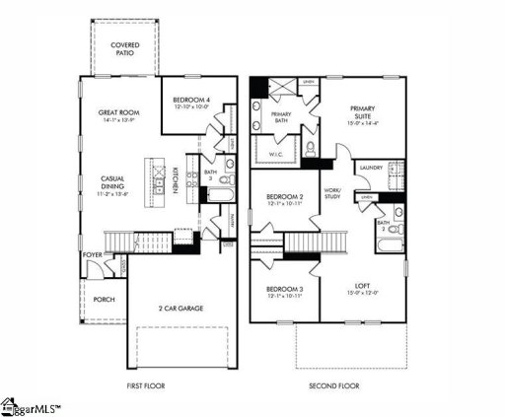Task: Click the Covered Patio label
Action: tap(124, 50)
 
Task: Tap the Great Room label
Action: tap(116, 116)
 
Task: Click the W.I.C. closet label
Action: tap(275, 154)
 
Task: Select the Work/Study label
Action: tap(331, 194)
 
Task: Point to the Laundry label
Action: tap(372, 169)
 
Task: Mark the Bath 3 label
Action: tap(210, 175)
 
